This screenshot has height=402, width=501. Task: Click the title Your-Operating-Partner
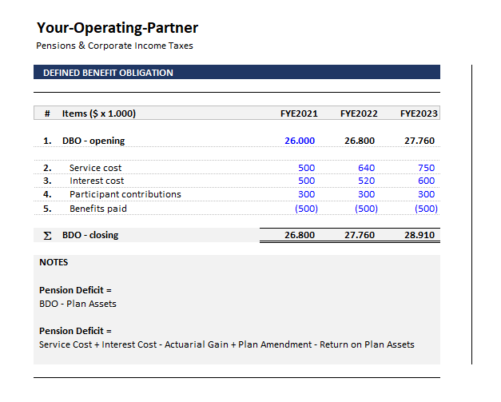point(117,28)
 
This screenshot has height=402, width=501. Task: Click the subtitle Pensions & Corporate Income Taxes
point(114,46)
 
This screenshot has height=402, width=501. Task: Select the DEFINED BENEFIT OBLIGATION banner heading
point(108,73)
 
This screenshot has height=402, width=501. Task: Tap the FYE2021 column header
point(299,113)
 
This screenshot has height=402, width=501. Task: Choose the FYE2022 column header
point(359,113)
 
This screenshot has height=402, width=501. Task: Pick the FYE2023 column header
point(419,113)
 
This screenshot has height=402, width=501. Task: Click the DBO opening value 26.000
point(300,141)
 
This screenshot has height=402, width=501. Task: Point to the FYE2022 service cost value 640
point(366,168)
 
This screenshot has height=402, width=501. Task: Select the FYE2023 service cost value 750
point(426,168)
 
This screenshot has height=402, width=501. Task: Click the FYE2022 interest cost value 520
point(366,181)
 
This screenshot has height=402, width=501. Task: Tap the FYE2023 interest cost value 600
point(426,181)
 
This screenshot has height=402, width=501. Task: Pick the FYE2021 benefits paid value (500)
point(305,209)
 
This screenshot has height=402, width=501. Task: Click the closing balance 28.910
point(419,236)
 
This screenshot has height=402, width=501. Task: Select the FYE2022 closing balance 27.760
point(360,236)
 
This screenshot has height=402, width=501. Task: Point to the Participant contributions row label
point(125,194)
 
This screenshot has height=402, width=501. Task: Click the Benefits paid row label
point(98,209)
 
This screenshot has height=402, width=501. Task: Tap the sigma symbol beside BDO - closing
point(47,236)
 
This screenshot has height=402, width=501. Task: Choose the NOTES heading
point(54,262)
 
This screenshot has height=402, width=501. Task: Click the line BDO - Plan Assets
point(78,304)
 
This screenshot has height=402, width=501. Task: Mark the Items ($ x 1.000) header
point(99,113)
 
